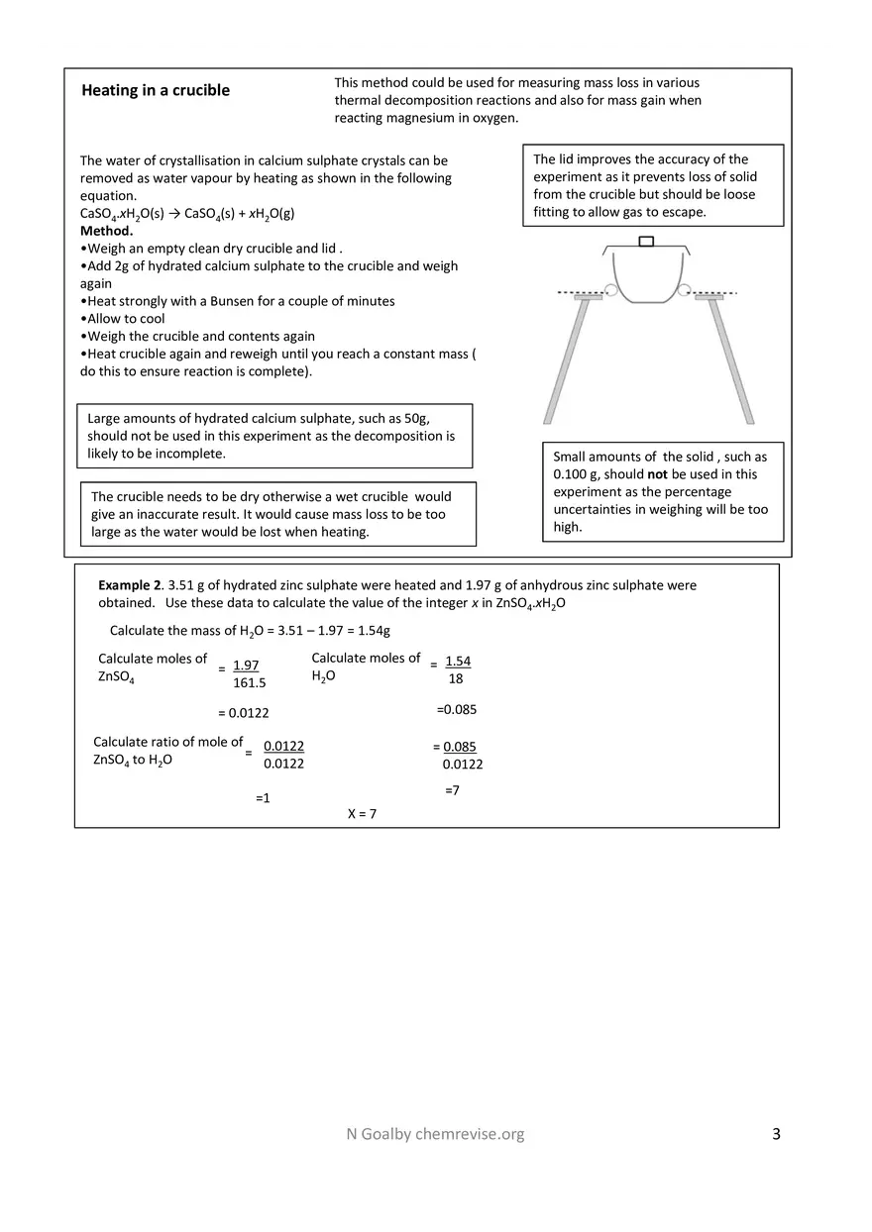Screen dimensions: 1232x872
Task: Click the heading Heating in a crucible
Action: click(x=155, y=90)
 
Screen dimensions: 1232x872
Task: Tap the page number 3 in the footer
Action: click(x=776, y=1134)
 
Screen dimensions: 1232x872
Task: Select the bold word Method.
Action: click(x=106, y=231)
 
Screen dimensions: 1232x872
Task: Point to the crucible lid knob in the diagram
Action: click(x=646, y=241)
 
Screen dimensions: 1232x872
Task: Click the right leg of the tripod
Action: click(x=730, y=361)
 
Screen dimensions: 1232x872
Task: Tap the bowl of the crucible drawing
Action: click(x=646, y=277)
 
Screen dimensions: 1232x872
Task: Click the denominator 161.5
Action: click(x=250, y=683)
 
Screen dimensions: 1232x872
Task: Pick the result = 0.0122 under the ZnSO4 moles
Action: click(x=243, y=713)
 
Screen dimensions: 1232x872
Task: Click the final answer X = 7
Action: click(x=362, y=814)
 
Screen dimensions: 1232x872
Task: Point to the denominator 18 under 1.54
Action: click(x=456, y=679)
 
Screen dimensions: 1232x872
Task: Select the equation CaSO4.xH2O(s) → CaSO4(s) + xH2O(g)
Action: click(x=187, y=214)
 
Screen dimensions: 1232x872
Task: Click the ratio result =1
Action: click(x=263, y=797)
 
